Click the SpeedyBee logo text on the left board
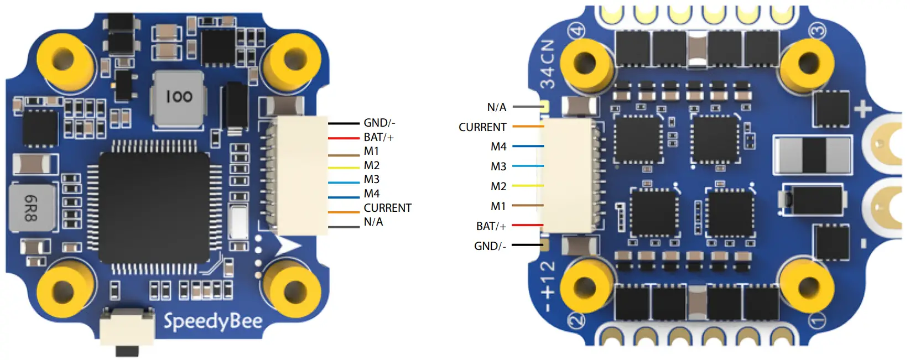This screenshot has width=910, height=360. (x=213, y=321)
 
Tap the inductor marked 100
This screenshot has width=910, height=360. (x=179, y=98)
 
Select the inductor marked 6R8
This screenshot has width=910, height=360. (x=32, y=207)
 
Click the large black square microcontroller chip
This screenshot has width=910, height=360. (x=154, y=207)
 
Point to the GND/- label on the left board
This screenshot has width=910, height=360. (x=379, y=123)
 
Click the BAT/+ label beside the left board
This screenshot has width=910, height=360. (x=378, y=137)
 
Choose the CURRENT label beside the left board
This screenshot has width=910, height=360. (x=387, y=208)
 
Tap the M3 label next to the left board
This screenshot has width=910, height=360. (x=371, y=179)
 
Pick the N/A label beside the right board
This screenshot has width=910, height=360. (x=496, y=107)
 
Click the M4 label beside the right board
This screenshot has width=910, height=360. (x=498, y=147)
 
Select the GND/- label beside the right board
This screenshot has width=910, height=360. (x=490, y=246)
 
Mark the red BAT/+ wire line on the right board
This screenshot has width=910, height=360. (x=527, y=225)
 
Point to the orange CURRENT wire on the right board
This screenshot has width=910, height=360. (x=528, y=127)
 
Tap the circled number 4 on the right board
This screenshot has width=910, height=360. (x=577, y=30)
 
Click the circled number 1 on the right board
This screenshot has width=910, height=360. (x=817, y=320)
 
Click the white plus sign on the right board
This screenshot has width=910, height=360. (x=862, y=109)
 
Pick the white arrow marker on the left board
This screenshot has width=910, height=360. (x=288, y=246)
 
